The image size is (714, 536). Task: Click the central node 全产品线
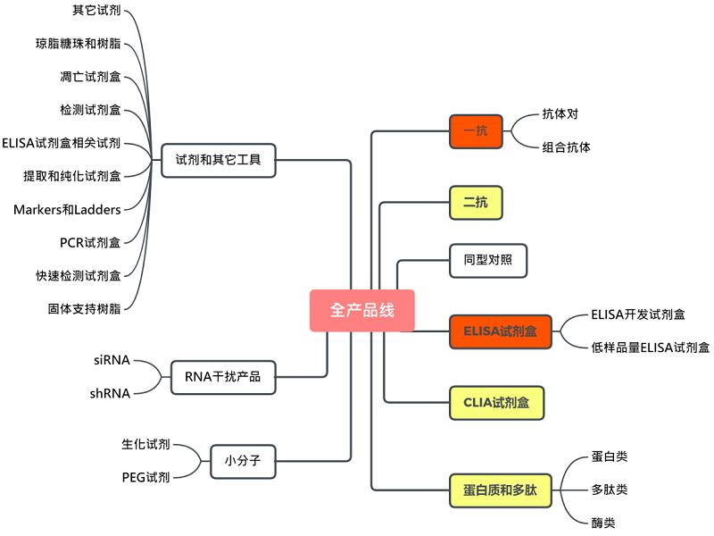point(361,311)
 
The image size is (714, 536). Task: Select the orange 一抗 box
point(476,131)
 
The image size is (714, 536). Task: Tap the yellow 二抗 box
point(476,203)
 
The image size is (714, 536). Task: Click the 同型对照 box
point(487,261)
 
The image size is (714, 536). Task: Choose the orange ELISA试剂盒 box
point(500,331)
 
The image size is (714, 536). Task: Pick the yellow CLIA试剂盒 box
point(496,403)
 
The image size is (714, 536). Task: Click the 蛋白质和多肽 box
point(500,490)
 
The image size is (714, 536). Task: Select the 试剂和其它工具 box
point(219,161)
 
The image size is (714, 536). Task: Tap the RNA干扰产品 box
point(222,377)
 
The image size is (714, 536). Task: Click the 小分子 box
point(243,462)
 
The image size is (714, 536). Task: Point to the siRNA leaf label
point(112,360)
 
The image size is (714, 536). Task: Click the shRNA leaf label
point(110,393)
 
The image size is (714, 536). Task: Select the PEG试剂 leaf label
point(145,478)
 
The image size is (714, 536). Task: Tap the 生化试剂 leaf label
point(145,444)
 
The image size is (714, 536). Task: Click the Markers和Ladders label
point(67,209)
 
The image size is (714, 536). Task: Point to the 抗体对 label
point(560,114)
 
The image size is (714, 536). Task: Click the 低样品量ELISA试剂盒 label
point(650,348)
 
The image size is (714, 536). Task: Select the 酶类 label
point(602,523)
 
